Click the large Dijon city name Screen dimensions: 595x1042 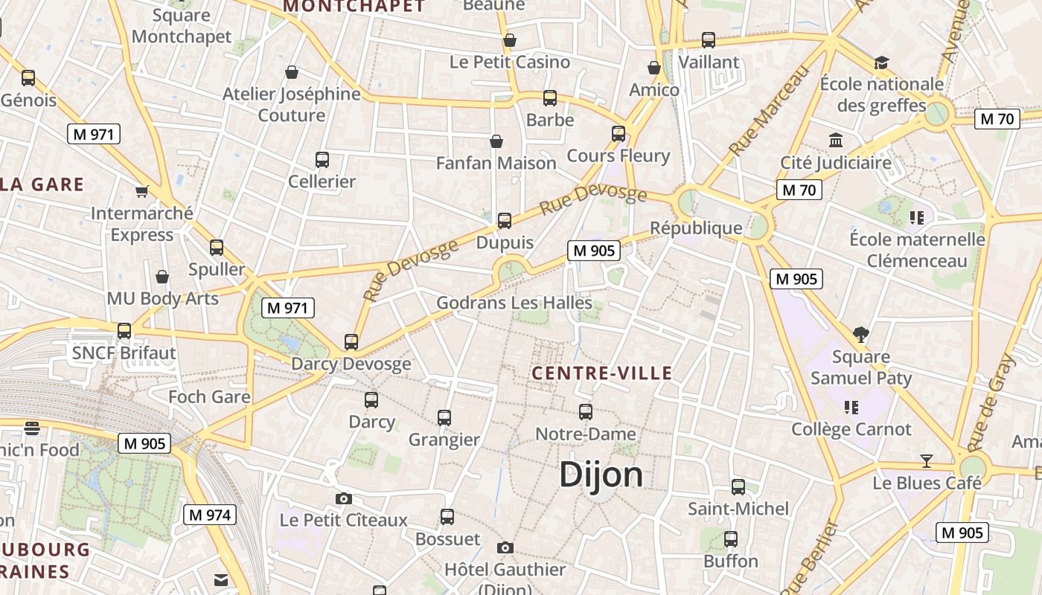click(x=601, y=475)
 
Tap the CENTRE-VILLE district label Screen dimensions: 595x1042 click(x=603, y=373)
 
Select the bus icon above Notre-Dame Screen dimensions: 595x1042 click(x=586, y=411)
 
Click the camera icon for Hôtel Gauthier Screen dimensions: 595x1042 click(x=505, y=548)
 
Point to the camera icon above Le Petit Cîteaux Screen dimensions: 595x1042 click(x=343, y=498)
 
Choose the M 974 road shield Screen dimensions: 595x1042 click(x=209, y=515)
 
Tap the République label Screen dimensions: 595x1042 click(x=696, y=228)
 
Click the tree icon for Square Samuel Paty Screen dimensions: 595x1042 click(x=861, y=335)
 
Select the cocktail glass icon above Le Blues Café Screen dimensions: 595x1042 click(x=927, y=461)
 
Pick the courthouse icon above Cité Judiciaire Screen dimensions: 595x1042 click(x=836, y=141)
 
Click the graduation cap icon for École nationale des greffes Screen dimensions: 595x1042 click(x=882, y=62)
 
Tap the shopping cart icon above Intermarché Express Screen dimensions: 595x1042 click(x=142, y=191)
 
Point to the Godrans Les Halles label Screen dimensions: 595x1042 click(x=514, y=303)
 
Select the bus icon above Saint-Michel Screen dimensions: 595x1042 click(x=738, y=487)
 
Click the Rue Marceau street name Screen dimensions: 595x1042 click(x=768, y=112)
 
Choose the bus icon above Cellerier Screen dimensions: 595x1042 click(x=322, y=159)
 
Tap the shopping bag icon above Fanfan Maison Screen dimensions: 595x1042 click(x=496, y=141)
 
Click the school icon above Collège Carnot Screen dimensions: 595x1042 click(x=852, y=408)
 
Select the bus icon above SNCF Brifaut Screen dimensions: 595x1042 click(x=124, y=330)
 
